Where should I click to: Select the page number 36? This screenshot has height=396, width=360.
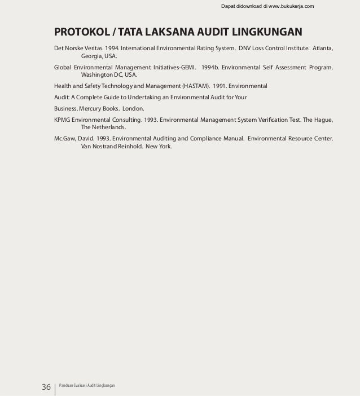[46, 387]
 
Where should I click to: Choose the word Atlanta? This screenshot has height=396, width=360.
[321, 48]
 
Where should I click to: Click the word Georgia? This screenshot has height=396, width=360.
[91, 57]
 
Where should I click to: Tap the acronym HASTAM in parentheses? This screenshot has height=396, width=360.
[194, 86]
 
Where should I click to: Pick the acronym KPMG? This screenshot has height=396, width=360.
[63, 120]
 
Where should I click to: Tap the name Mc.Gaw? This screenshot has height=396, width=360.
[64, 138]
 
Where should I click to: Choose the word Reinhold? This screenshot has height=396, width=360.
[128, 147]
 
